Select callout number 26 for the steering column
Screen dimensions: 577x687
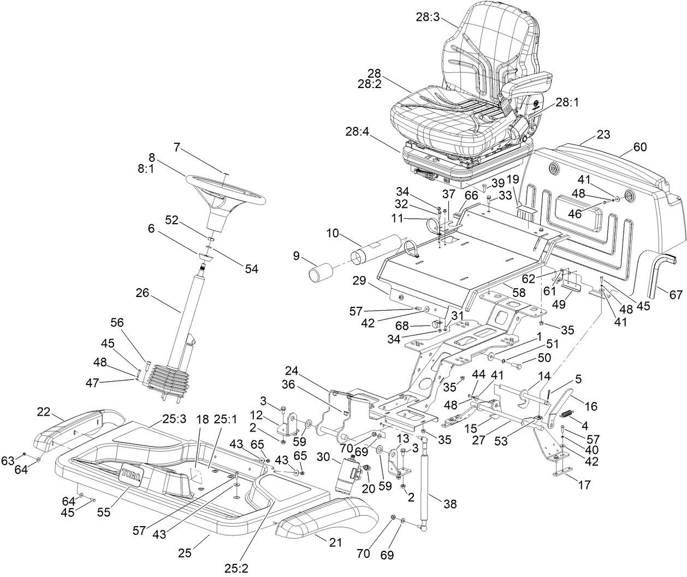143,294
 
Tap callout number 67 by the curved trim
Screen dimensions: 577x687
676,295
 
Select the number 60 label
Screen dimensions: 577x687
639,147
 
